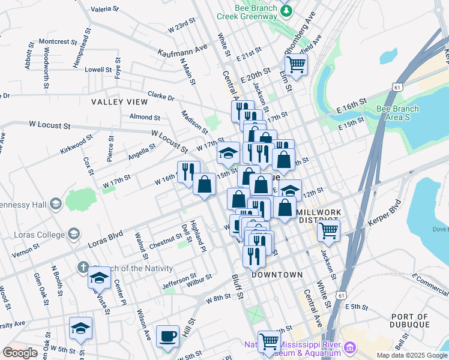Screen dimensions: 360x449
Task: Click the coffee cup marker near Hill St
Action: pyautogui.click(x=167, y=335)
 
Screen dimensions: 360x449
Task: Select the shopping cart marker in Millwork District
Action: pyautogui.click(x=328, y=229)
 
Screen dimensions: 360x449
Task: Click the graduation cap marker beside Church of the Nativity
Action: pyautogui.click(x=99, y=278)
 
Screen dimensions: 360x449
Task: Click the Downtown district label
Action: pyautogui.click(x=277, y=275)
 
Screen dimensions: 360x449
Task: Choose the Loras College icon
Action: pyautogui.click(x=74, y=234)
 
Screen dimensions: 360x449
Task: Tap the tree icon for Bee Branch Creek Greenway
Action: pyautogui.click(x=288, y=10)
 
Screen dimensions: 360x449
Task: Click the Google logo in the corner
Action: pyautogui.click(x=20, y=353)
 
